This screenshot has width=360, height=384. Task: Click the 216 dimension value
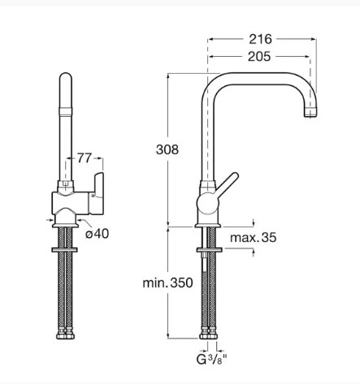260,39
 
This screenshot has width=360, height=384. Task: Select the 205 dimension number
259,57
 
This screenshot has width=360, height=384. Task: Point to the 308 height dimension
167,149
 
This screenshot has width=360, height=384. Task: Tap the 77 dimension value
85,158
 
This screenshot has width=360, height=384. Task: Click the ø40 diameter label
98,234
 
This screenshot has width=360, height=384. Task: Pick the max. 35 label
254,238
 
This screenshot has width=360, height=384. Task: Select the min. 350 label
167,283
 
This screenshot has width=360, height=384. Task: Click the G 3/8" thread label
211,360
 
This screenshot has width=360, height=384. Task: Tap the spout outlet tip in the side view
310,115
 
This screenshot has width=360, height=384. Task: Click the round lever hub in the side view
208,204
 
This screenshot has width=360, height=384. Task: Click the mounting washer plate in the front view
64,250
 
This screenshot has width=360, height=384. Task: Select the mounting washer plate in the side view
210,250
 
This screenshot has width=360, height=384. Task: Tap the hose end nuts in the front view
66,334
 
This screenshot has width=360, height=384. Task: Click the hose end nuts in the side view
208,334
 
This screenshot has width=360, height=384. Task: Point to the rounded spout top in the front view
66,77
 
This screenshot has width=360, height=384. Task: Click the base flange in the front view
65,225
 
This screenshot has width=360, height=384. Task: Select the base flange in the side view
208,225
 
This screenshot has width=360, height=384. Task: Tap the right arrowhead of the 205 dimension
306,57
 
